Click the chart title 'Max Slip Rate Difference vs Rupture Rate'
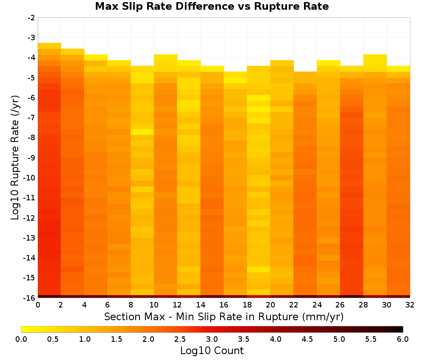point(212,6)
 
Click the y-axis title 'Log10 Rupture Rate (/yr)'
point(15,158)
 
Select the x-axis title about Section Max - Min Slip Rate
point(224,317)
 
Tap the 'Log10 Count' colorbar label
point(212,351)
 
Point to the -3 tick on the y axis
point(31,38)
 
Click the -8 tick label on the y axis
point(31,138)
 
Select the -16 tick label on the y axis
point(30,298)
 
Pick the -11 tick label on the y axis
point(30,197)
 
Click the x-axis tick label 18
point(247,305)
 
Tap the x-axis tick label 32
point(410,305)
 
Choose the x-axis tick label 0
point(38,305)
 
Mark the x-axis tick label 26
point(340,305)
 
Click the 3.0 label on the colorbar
point(212,339)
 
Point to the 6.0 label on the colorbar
point(403,339)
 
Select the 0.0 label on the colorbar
point(21,339)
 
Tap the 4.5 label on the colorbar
point(307,339)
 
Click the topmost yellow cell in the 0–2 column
point(50,46)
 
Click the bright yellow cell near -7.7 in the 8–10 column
point(142,132)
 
